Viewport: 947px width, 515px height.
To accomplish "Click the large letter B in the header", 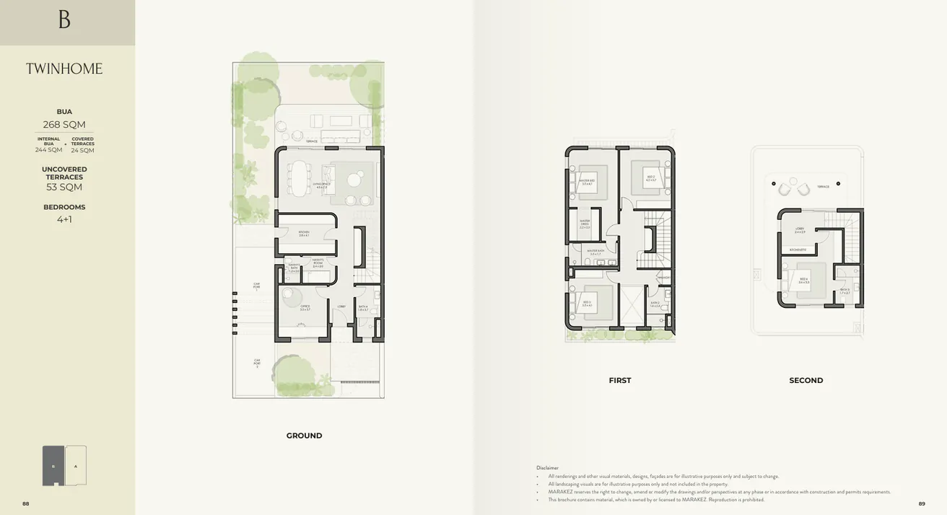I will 64,19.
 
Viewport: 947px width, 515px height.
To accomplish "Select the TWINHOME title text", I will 64,69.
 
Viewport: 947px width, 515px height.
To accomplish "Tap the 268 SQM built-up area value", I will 64,125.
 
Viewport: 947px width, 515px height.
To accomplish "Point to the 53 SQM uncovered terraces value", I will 64,188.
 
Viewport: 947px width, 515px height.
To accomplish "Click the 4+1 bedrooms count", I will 64,219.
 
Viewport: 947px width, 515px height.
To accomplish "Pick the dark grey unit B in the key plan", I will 53,465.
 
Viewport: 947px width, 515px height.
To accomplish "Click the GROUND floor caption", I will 304,436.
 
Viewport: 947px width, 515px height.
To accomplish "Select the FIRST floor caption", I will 619,380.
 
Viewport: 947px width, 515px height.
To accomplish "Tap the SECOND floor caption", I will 806,380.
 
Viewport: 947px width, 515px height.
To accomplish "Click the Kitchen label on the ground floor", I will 304,233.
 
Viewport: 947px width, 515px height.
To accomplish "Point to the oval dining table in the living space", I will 297,177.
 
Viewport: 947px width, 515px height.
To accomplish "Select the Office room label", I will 305,307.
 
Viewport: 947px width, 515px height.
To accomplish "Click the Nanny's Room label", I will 318,265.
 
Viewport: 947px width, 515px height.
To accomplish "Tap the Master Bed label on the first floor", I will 587,182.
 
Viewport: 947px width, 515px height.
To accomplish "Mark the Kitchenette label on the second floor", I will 798,250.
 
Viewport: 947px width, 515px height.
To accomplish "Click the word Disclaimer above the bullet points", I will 547,467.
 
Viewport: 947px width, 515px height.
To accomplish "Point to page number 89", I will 921,503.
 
